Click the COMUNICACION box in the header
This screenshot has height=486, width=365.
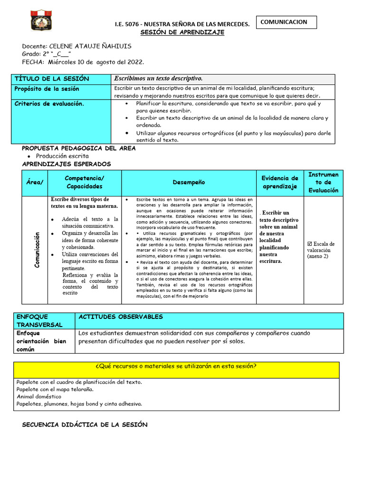pyautogui.click(x=287, y=22)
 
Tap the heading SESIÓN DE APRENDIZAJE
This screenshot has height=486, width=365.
pyautogui.click(x=182, y=32)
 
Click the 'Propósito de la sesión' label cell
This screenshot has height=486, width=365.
pyautogui.click(x=47, y=89)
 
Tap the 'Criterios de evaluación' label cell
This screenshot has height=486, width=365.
pyautogui.click(x=49, y=103)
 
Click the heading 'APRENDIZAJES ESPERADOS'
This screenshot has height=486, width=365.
pyautogui.click(x=66, y=164)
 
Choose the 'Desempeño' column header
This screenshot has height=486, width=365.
pyautogui.click(x=189, y=182)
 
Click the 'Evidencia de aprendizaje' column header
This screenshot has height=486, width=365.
pyautogui.click(x=279, y=182)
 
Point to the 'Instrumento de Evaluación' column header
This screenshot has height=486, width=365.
pyautogui.click(x=323, y=182)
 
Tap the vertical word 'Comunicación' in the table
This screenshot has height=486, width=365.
pyautogui.click(x=36, y=250)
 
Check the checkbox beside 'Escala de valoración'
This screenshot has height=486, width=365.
pyautogui.click(x=310, y=244)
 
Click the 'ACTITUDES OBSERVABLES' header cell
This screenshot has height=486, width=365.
pyautogui.click(x=121, y=317)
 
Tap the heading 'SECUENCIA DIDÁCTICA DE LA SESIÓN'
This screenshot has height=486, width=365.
pyautogui.click(x=85, y=425)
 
